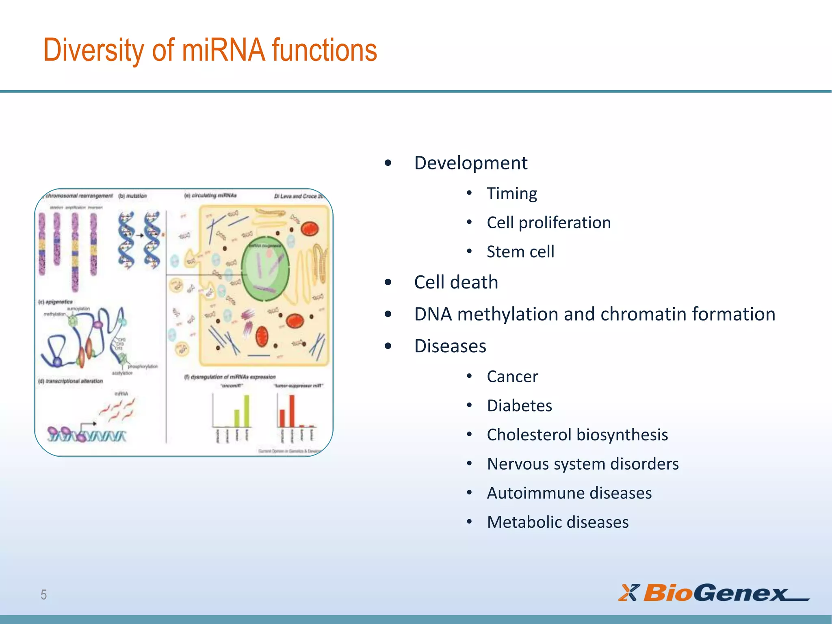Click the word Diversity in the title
(93, 50)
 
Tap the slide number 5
(43, 595)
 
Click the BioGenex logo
(713, 593)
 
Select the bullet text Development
(470, 163)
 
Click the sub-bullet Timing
(511, 193)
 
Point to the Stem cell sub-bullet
(520, 252)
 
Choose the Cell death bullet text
(456, 282)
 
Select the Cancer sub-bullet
(512, 377)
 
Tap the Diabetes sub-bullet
(519, 406)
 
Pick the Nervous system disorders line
(583, 464)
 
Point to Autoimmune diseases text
(569, 493)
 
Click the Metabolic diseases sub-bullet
(557, 522)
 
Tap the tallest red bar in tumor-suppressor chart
(292, 410)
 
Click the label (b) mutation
(132, 196)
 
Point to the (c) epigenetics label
(55, 302)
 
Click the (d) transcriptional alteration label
(71, 381)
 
